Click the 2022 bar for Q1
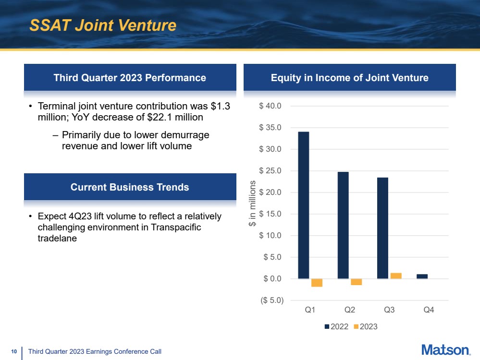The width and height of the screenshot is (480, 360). pos(303,205)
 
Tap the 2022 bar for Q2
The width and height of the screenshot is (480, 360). pos(343,225)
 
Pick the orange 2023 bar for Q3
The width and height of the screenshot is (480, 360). pos(396,276)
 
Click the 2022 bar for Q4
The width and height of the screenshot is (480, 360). pos(422,276)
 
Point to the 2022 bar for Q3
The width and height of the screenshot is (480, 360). pos(382,228)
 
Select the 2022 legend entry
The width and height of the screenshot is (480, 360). pos(336,326)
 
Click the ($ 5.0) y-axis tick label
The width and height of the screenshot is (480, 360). pos(271,300)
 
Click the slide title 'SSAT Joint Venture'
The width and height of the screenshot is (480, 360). pos(103,25)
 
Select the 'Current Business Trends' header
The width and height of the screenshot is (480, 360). pos(130,187)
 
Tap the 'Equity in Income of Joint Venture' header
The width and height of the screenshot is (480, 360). pos(349,78)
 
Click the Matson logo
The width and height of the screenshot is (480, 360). pos(445,349)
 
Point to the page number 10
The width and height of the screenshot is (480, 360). pos(14,352)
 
